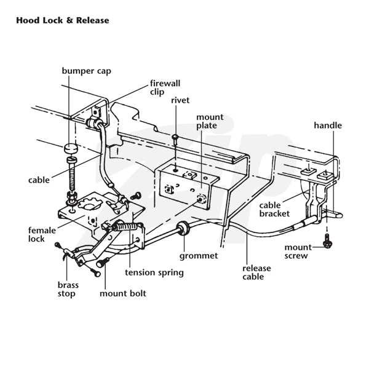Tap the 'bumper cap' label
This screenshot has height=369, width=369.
point(87,71)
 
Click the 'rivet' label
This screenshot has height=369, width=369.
point(181,100)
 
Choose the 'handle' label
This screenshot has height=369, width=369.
point(327,125)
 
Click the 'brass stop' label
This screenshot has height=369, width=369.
point(67,290)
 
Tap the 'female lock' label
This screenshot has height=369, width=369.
point(41,234)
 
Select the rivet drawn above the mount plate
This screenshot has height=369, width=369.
point(176,140)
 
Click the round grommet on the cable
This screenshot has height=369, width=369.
point(183,231)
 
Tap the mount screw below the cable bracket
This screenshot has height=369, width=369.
point(327,242)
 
